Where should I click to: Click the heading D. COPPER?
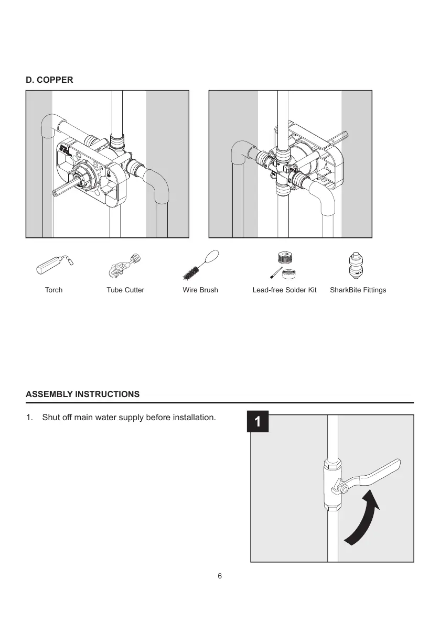tap(50, 80)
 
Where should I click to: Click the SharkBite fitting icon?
tap(357, 265)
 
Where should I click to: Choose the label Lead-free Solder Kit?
tap(284, 290)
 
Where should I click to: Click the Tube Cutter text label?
tap(125, 290)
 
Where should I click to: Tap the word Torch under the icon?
tap(53, 290)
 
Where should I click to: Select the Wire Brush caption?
tap(200, 290)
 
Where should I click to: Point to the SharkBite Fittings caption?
tap(358, 290)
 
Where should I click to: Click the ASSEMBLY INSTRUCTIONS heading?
tap(83, 394)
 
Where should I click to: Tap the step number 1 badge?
tap(257, 422)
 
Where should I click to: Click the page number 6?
tap(220, 576)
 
